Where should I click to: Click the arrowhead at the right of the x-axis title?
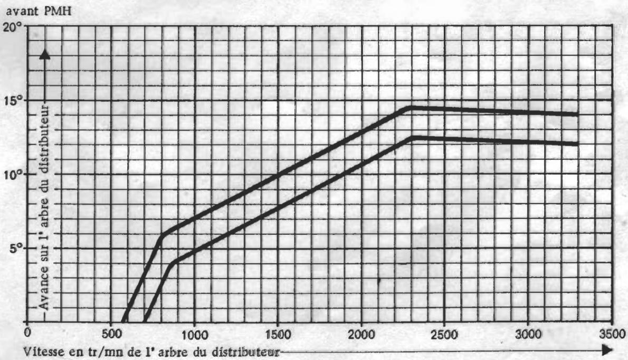click(x=608, y=350)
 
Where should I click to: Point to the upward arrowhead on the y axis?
click(x=45, y=55)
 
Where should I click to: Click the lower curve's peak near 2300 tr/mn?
click(x=414, y=137)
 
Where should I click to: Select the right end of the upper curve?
click(x=577, y=113)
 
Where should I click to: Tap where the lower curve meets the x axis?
click(x=145, y=321)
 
